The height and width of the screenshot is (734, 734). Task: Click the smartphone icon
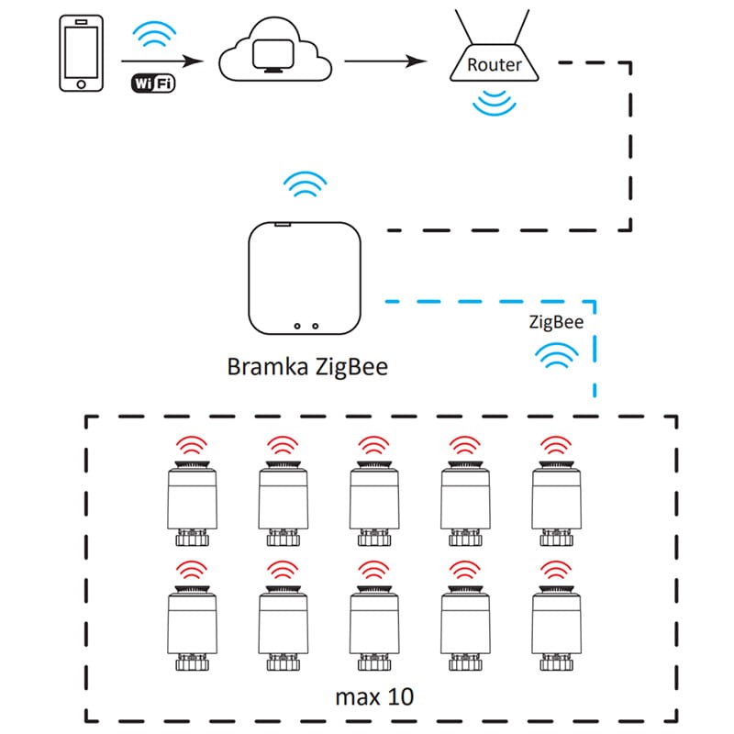(81, 53)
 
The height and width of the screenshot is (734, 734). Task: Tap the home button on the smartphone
(81, 84)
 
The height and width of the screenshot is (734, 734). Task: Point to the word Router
(494, 65)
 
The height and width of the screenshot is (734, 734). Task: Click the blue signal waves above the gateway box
(304, 185)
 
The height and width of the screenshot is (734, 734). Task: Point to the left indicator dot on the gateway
(296, 325)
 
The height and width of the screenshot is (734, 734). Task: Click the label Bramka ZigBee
(307, 367)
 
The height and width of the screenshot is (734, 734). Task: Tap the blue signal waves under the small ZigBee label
(556, 355)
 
